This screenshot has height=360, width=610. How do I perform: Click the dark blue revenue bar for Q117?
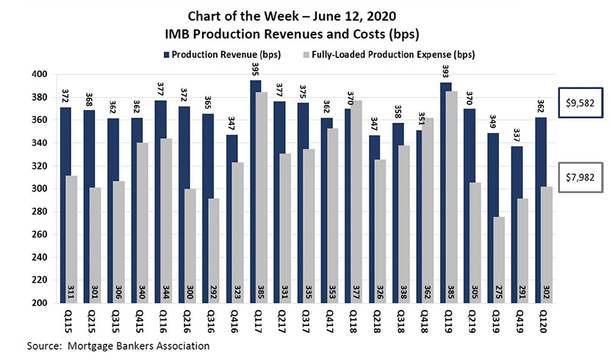click(x=255, y=191)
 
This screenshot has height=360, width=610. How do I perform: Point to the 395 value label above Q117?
click(x=255, y=70)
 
